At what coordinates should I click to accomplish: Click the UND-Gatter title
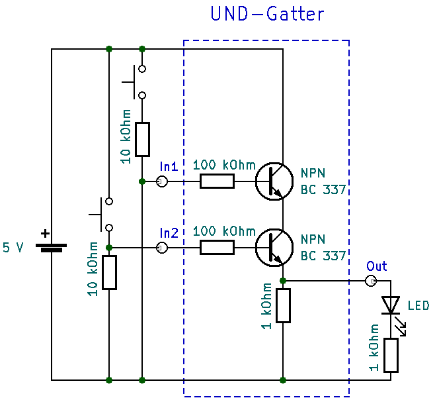267,14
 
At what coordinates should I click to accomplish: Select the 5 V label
13,248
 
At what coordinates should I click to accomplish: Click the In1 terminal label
169,166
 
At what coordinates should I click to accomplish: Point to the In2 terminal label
169,232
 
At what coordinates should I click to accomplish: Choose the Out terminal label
377,266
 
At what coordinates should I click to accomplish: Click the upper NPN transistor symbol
274,181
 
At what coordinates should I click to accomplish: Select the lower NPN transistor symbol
274,248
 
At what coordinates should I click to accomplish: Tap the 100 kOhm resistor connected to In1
217,181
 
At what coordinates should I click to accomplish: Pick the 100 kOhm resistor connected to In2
217,248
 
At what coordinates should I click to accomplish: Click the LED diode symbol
391,305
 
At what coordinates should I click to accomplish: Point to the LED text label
418,305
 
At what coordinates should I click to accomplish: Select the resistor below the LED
391,355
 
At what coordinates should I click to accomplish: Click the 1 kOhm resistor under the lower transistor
283,305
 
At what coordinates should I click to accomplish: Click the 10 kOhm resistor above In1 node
142,139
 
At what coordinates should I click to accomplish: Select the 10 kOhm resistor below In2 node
108,272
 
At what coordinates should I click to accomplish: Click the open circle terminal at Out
372,281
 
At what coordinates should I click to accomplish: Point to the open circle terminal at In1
161,181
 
